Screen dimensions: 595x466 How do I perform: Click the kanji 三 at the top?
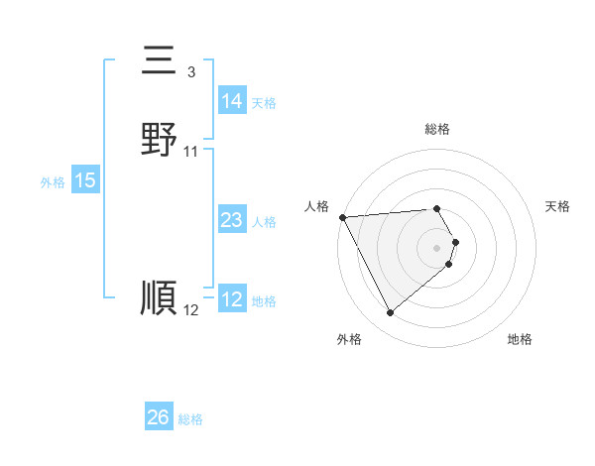[159, 61]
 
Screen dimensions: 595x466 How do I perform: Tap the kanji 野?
[159, 139]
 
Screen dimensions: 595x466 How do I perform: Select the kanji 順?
[159, 297]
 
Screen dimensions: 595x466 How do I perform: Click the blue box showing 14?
[231, 101]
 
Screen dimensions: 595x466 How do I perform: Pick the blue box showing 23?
[231, 221]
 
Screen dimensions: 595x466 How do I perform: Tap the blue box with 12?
[231, 299]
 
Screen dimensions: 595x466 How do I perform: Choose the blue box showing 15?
[85, 180]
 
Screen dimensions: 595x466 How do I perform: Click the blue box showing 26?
[158, 417]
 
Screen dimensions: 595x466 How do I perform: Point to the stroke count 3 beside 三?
[190, 71]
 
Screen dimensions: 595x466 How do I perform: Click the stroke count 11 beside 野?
[191, 151]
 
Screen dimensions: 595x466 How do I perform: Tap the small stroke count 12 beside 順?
[190, 310]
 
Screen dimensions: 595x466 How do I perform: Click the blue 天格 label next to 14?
[264, 103]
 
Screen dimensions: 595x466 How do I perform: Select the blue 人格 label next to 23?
[264, 222]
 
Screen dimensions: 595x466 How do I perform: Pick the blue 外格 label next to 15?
[53, 182]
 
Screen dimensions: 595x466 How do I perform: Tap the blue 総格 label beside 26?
[190, 419]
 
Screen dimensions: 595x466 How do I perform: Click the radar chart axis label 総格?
[437, 129]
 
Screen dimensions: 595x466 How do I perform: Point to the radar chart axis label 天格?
[558, 206]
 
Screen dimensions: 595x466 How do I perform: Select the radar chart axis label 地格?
[520, 339]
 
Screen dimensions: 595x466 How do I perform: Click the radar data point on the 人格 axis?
[342, 217]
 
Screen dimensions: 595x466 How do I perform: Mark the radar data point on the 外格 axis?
[391, 313]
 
